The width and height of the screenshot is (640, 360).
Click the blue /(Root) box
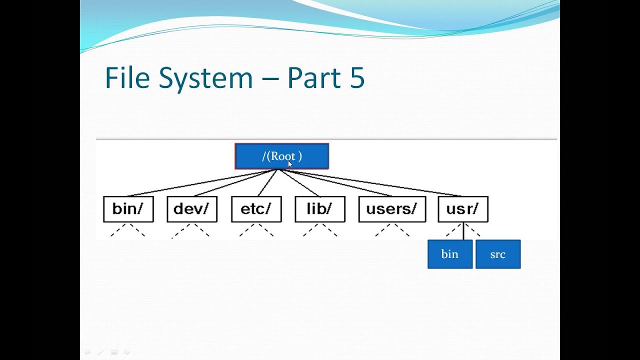pos(281,156)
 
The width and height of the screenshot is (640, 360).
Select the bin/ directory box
pos(128,209)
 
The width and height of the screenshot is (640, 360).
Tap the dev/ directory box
pos(191,209)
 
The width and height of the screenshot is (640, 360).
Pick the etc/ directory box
pos(256,209)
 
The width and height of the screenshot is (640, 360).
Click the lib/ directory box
pos(319,209)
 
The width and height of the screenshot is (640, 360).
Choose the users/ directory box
pos(392,209)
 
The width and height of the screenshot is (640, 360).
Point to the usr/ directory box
pos(462,209)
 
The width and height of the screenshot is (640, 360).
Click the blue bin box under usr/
pos(449,254)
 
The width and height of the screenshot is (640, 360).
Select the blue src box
pos(497,254)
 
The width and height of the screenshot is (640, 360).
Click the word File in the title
pos(128,78)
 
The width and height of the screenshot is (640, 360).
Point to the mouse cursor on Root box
pos(290,163)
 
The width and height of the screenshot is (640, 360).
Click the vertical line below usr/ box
pos(463,231)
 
